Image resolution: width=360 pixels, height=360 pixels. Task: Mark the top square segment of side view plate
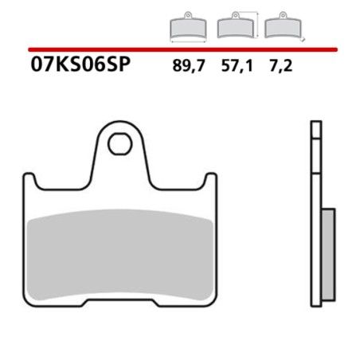[x=315, y=128]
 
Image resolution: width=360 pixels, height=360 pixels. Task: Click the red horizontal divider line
[x=180, y=50]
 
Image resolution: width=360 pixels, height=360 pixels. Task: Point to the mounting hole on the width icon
[x=188, y=19]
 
